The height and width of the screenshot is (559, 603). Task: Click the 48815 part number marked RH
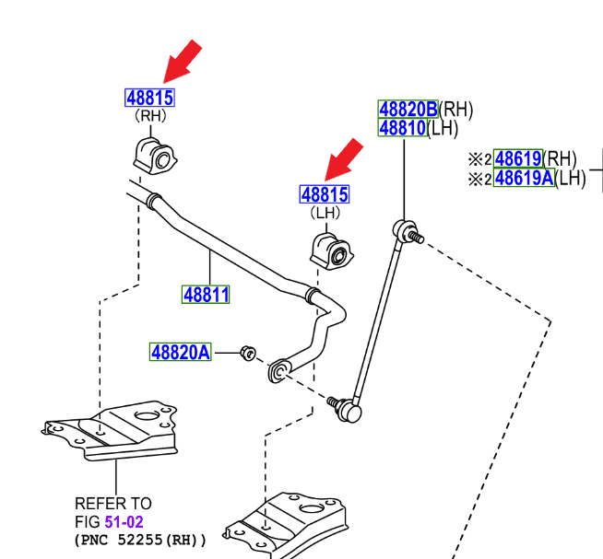(149, 98)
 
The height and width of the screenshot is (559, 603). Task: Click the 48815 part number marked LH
(325, 194)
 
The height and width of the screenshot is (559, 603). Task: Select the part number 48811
(206, 295)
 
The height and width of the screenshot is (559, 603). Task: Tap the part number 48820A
(181, 352)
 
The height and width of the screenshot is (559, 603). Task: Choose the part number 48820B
(408, 110)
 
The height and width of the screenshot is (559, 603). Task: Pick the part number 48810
(403, 128)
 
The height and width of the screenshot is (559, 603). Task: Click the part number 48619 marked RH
(517, 158)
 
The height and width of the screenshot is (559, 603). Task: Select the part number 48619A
(524, 178)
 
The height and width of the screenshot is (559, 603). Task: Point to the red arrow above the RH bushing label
(182, 61)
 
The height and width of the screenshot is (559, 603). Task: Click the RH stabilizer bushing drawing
(154, 157)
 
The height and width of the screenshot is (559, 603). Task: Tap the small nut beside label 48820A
(247, 352)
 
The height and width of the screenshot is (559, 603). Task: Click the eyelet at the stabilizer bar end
(278, 371)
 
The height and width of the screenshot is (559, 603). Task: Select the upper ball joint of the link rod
(404, 227)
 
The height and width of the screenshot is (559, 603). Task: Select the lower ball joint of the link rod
(349, 408)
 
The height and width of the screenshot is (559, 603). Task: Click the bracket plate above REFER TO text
(115, 429)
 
